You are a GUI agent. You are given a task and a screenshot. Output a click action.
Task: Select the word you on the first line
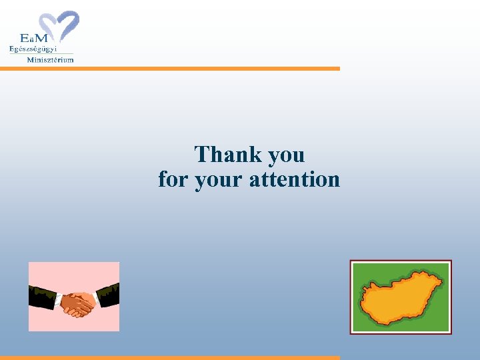point(286,156)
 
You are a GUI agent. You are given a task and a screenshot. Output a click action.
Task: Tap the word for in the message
point(173,179)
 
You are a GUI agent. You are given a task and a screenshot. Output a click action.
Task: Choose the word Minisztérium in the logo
point(50,59)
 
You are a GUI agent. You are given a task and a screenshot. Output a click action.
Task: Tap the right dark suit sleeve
point(109,294)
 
